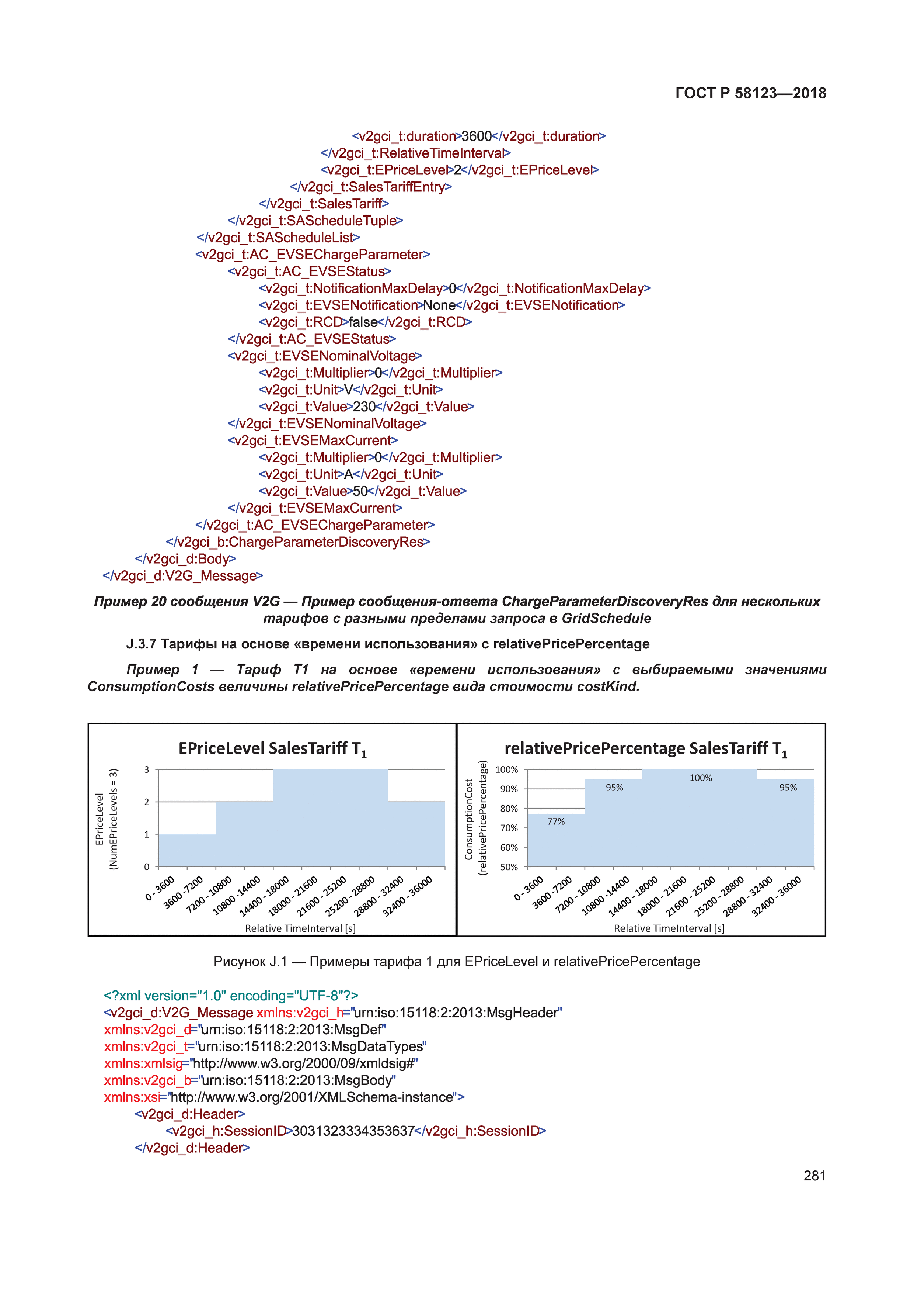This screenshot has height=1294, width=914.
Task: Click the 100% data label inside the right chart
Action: [701, 778]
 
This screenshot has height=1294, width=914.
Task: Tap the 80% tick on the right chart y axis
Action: [509, 808]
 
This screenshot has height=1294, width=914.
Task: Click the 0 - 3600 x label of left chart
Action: [160, 889]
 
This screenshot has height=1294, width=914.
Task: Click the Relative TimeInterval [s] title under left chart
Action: [300, 928]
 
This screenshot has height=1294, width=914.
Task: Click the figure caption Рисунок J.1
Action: [456, 962]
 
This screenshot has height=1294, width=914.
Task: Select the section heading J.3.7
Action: [387, 644]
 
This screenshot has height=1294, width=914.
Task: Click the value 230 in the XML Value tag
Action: [364, 406]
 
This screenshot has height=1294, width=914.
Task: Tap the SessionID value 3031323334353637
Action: [353, 1131]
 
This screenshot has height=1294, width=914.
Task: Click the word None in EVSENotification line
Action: [439, 305]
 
